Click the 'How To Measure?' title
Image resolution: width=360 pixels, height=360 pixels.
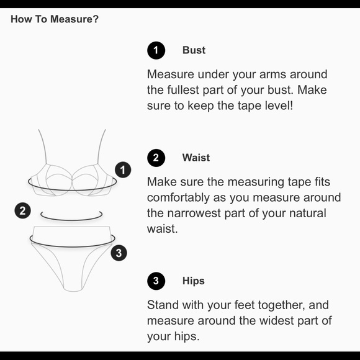point(55,19)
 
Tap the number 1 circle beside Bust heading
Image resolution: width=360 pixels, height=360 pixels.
point(156,50)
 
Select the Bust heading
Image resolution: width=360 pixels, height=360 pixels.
point(194,50)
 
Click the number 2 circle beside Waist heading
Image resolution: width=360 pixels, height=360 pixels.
point(156,158)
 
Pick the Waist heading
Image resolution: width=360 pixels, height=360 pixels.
point(196,158)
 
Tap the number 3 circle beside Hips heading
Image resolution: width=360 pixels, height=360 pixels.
point(156,281)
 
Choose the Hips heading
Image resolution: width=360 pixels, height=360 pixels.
point(193,281)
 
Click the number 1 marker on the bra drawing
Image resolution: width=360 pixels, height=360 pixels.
point(123,170)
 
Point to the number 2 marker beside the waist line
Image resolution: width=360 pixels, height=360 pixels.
point(23,210)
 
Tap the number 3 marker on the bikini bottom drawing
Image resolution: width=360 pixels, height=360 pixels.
point(119,253)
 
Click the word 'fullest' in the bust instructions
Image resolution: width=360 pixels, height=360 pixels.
point(182,90)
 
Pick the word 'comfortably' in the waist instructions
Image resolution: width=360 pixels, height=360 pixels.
point(178,197)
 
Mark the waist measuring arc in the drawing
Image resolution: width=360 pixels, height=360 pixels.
point(71,219)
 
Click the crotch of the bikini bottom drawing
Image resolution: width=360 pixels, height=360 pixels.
point(73,290)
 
